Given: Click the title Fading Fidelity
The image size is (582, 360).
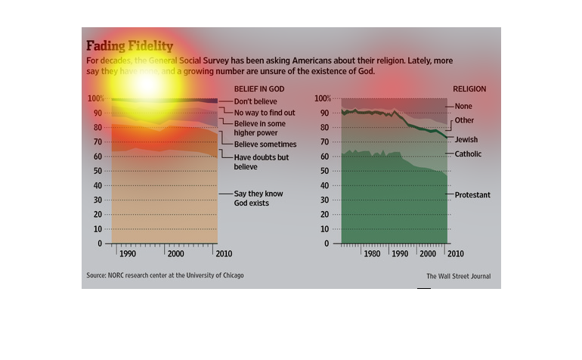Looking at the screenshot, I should [129, 46].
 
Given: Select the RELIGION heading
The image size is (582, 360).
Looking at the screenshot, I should [469, 89].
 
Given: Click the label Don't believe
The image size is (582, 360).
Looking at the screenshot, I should [255, 101].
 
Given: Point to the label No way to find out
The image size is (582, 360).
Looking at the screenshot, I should [264, 113].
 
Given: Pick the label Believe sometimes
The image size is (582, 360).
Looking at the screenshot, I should [265, 144].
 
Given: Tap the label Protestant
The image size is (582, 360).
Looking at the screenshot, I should [472, 195].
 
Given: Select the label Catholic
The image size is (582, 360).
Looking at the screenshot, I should [468, 154].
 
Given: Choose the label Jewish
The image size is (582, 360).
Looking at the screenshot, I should [466, 140].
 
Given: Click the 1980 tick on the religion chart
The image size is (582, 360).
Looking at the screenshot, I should [371, 255].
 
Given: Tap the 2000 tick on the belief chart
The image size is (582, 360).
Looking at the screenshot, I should [176, 255].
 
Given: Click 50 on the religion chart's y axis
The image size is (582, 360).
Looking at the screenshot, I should [324, 172].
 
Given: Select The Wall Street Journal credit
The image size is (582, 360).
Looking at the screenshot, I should [458, 277].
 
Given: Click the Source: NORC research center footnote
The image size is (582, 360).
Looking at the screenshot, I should [165, 275].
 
